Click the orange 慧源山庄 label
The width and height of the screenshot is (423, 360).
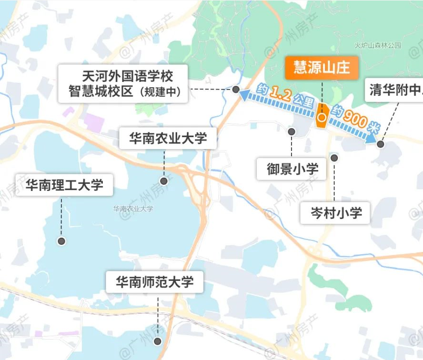[x=322, y=68]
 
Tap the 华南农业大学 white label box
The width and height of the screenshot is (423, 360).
[x=168, y=139]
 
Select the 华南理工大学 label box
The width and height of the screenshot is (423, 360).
[x=64, y=184]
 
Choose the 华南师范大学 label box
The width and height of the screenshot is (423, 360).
[x=155, y=282]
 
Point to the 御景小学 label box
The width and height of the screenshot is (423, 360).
[x=292, y=168]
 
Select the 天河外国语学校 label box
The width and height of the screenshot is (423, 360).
[x=123, y=83]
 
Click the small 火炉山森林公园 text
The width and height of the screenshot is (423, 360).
[x=378, y=46]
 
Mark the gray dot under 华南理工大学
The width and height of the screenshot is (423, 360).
[x=61, y=241]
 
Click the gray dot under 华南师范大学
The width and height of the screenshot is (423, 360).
[x=158, y=341]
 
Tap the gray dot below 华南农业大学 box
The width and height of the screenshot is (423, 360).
[x=164, y=180]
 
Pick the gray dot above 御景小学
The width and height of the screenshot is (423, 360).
[x=292, y=131]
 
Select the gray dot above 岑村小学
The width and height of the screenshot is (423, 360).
[x=334, y=158]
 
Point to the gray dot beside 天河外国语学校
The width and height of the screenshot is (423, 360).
[x=236, y=89]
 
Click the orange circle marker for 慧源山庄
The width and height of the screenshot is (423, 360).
[x=322, y=116]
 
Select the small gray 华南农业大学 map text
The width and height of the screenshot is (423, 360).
[x=133, y=209]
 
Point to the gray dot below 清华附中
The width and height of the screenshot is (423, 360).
[x=381, y=144]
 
